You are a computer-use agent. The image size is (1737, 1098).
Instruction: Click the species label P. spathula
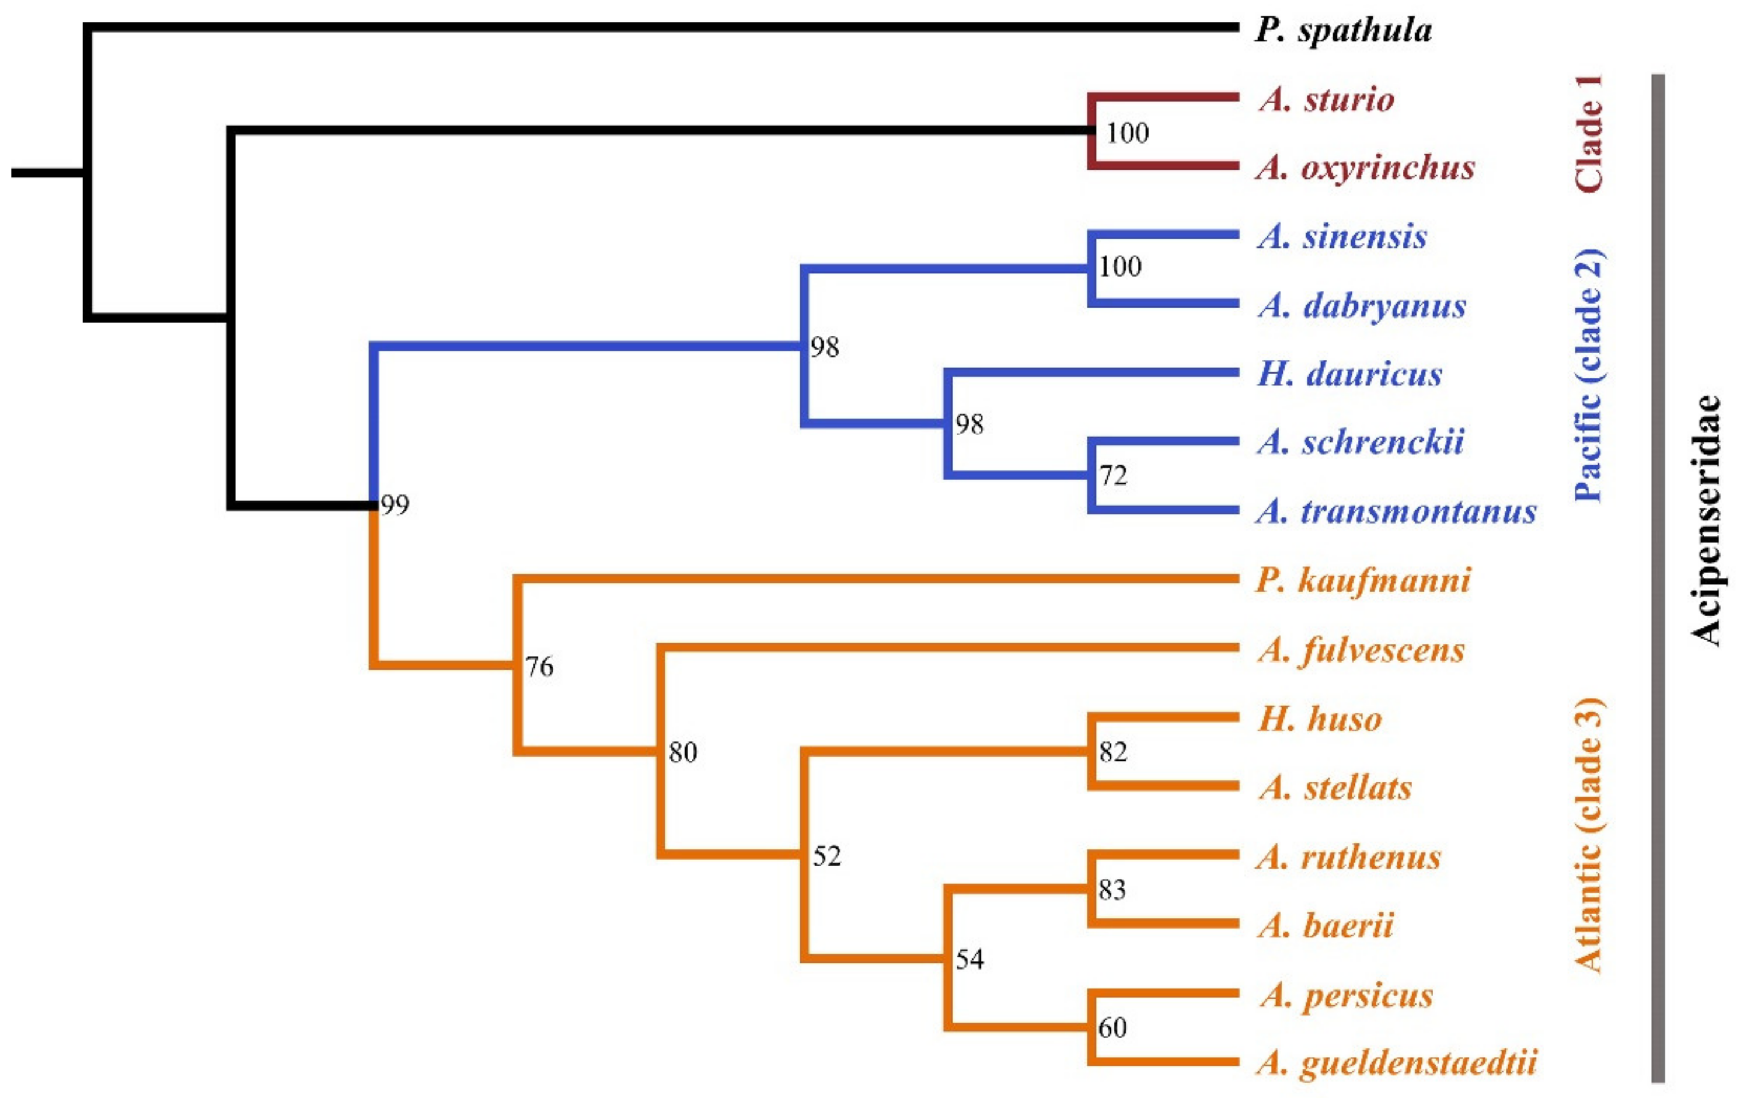point(1343,31)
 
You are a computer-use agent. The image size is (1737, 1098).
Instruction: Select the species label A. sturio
point(1327,100)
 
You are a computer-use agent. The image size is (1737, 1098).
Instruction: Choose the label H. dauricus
point(1349,374)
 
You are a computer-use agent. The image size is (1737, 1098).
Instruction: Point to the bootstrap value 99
point(395,505)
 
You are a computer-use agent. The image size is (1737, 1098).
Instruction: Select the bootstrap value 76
point(539,667)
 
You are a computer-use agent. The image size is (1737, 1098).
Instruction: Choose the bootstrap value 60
point(1112,1027)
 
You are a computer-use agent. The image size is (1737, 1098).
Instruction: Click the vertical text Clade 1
point(1589,134)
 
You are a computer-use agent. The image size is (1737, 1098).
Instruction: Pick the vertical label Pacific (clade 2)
point(1589,375)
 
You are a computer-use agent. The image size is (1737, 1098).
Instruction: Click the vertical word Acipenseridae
point(1705,520)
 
